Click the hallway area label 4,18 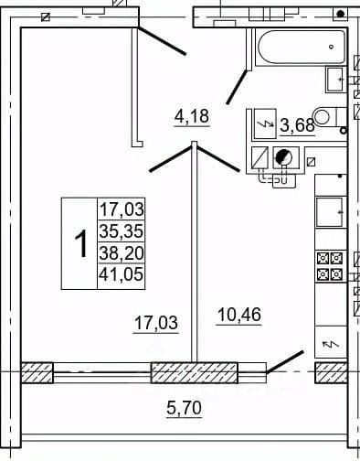tap(192, 116)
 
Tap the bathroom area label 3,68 tap(297, 125)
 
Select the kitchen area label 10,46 tap(239, 315)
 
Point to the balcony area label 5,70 tap(185, 408)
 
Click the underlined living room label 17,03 tap(156, 323)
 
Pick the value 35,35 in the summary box tap(122, 230)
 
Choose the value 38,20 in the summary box tap(122, 252)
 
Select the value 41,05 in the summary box tap(122, 273)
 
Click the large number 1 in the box tap(81, 243)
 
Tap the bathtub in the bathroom tap(302, 47)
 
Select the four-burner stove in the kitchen tap(330, 266)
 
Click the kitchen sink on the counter tap(330, 212)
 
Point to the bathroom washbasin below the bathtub tap(335, 80)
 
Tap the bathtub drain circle tap(332, 47)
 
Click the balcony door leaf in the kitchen tap(285, 362)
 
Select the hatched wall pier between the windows tap(195, 372)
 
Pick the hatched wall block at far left tap(37, 372)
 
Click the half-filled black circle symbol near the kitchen tap(283, 157)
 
